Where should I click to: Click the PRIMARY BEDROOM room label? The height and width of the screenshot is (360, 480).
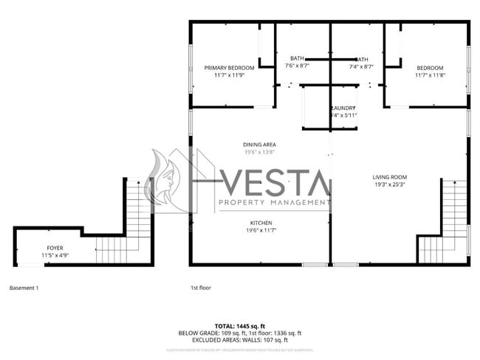click(x=229, y=68)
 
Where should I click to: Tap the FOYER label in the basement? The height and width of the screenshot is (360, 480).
click(x=55, y=248)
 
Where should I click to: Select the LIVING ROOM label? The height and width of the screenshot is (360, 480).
click(x=389, y=177)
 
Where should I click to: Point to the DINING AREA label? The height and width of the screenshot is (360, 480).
click(x=259, y=145)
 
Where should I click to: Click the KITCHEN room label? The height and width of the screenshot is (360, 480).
click(x=261, y=223)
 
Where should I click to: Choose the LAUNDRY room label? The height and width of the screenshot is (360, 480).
click(x=343, y=108)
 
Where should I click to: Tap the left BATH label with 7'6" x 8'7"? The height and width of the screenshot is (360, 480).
click(x=297, y=58)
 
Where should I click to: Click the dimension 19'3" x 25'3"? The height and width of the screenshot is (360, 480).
click(x=389, y=184)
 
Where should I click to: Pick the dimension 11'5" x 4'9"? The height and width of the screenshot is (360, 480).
click(x=55, y=255)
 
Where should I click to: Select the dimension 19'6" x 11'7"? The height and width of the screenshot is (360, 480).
click(x=261, y=230)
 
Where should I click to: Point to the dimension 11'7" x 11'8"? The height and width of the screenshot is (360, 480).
click(x=430, y=75)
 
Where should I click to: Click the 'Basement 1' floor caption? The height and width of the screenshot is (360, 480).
click(x=24, y=288)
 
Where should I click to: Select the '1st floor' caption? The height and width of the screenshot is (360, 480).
click(x=200, y=288)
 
